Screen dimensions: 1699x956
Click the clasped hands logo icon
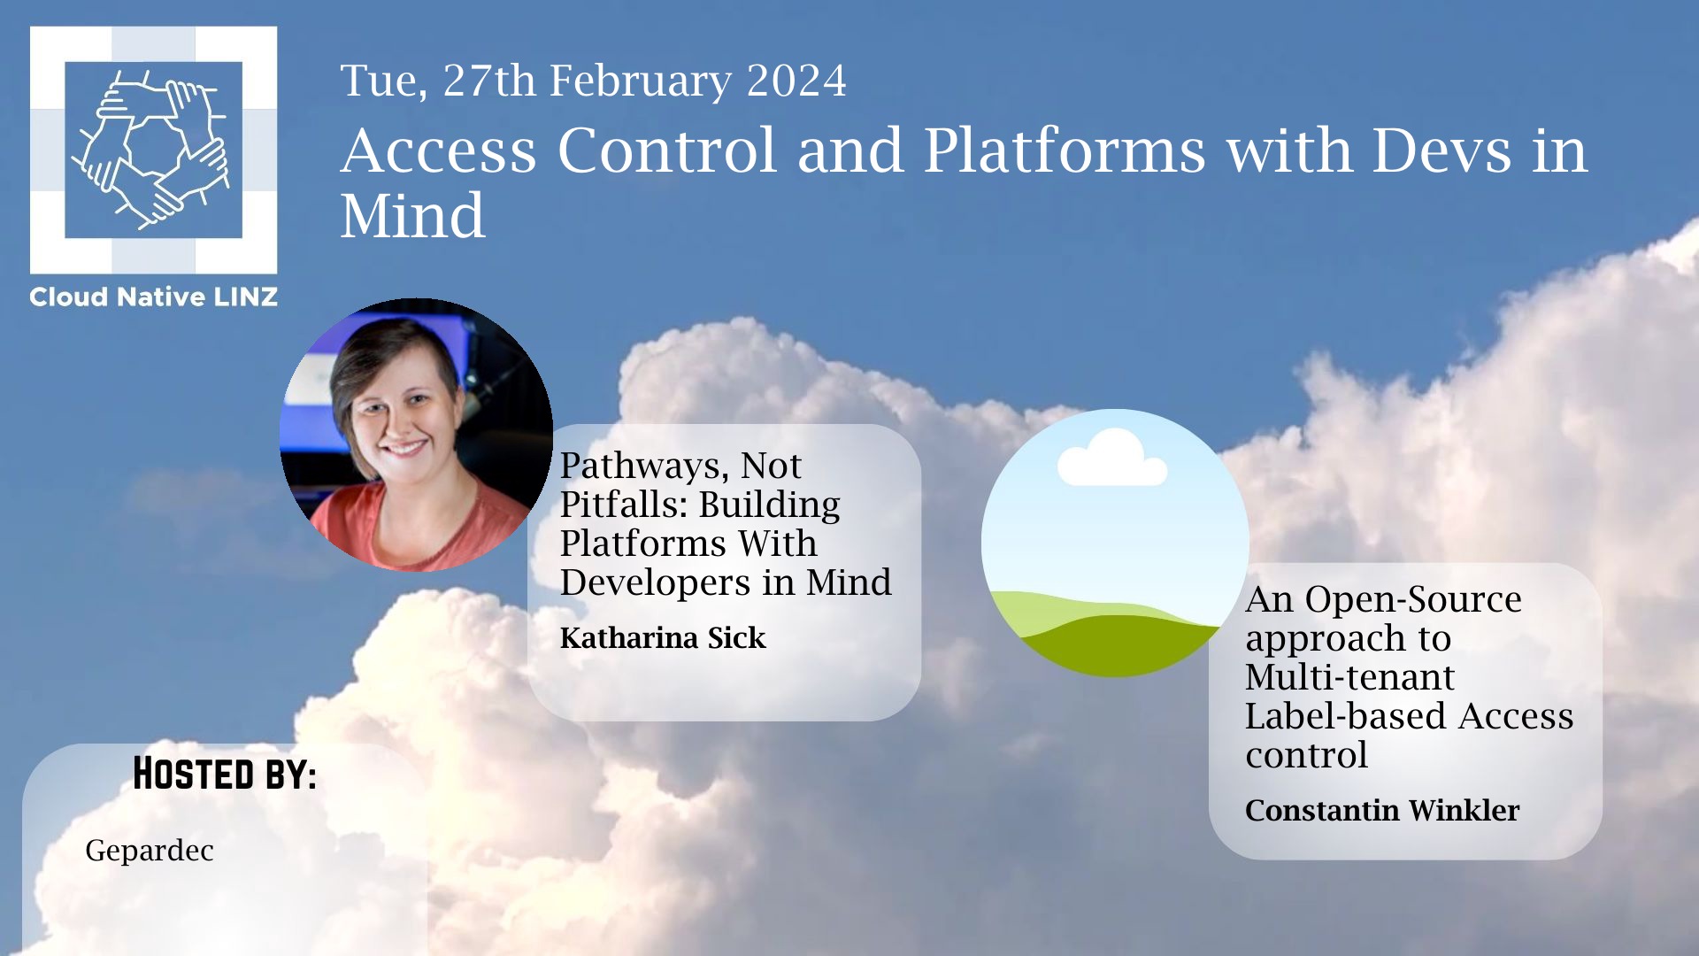tap(152, 150)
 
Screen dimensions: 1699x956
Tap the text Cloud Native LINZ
tap(153, 297)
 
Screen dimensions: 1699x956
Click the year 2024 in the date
tap(796, 81)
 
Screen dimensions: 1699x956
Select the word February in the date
tap(641, 82)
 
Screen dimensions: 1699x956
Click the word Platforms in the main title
tap(1065, 150)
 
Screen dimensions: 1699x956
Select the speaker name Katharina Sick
tap(663, 637)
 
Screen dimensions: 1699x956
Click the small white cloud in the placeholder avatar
tap(1112, 458)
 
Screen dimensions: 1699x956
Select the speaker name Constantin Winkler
tap(1382, 810)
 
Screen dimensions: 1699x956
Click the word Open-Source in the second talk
tap(1413, 600)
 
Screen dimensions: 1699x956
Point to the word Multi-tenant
tap(1349, 677)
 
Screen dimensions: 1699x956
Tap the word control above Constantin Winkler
tap(1306, 755)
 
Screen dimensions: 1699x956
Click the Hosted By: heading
tap(225, 774)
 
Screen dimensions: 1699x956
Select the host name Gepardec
tap(150, 852)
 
